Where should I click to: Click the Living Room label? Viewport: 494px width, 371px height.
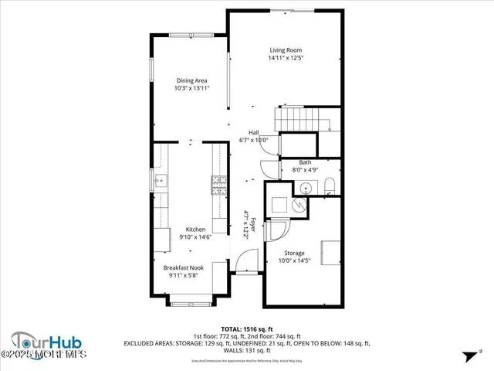pos(285,49)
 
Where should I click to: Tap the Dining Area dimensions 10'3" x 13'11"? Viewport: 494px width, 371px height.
pos(191,88)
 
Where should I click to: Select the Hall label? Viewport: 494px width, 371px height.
pos(253,132)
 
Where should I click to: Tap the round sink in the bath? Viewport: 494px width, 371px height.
pos(306,187)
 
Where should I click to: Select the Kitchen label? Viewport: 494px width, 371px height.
pos(195,229)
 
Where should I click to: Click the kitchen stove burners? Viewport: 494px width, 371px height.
pos(218,185)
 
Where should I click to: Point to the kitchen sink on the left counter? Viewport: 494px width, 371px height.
pos(160,182)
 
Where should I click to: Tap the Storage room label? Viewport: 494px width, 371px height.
pos(294,253)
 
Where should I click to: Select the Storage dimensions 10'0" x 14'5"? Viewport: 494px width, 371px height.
pos(294,260)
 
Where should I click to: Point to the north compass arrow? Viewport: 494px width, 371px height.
pos(468,356)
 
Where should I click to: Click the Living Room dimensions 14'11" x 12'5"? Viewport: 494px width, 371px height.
pos(285,58)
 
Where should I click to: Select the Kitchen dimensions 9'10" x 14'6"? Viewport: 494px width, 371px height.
pos(195,237)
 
